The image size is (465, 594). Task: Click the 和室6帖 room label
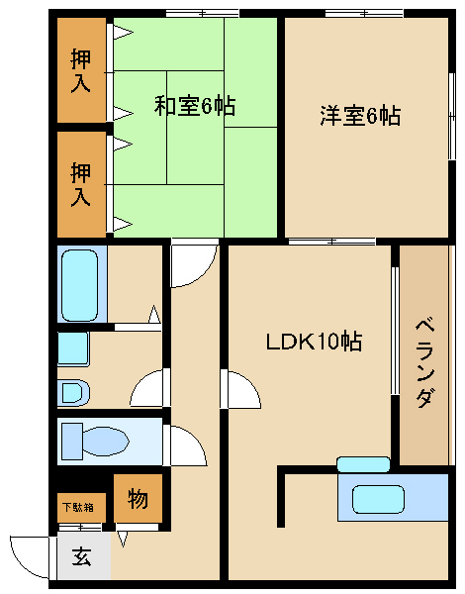(195, 106)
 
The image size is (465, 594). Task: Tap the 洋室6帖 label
(360, 115)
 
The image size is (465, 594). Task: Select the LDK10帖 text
(314, 341)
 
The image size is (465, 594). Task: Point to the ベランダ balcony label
(424, 363)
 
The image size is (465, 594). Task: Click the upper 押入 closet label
(81, 71)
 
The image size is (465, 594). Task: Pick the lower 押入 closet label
(81, 184)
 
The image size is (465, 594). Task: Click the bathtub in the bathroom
(80, 285)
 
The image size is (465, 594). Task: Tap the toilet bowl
(104, 442)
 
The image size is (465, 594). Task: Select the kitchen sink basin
(378, 499)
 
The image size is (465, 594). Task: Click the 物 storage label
(138, 499)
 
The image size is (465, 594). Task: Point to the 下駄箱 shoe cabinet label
(78, 507)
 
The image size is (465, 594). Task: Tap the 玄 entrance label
(82, 556)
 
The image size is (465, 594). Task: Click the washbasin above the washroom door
(73, 348)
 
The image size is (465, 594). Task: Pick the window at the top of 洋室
(364, 14)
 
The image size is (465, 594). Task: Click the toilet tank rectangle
(72, 442)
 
